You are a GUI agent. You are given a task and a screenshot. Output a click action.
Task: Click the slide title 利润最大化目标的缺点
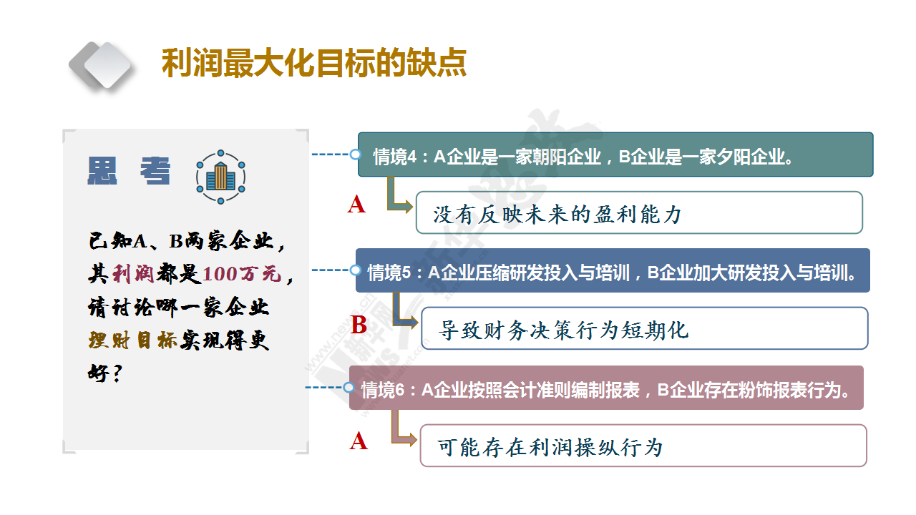tap(314, 63)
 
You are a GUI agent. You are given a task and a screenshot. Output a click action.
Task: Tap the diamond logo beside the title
tap(101, 65)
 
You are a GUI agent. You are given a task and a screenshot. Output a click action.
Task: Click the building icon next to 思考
tap(221, 177)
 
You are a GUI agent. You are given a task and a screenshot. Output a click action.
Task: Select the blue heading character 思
tap(102, 171)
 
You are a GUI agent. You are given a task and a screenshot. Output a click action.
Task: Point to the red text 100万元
tap(242, 274)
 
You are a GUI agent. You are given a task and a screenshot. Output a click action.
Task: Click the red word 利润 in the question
tap(133, 274)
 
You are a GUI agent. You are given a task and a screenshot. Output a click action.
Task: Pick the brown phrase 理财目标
tap(133, 340)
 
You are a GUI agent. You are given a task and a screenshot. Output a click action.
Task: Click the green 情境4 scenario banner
tap(615, 154)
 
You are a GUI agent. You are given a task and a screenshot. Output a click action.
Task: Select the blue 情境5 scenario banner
tap(613, 270)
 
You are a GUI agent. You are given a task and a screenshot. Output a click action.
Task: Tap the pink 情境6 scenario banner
tap(606, 388)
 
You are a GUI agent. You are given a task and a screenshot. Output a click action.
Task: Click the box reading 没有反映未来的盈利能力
tap(639, 212)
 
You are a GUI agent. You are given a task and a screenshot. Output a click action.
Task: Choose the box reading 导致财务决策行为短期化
tap(645, 328)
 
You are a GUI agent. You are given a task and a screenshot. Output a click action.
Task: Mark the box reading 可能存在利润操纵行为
tap(643, 446)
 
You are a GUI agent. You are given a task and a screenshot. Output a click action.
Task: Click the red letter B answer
tap(359, 325)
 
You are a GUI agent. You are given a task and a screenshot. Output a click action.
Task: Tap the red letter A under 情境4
tap(356, 204)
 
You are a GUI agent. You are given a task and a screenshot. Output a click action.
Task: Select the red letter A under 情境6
tap(359, 441)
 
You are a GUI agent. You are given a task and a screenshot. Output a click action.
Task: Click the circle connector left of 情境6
tap(349, 387)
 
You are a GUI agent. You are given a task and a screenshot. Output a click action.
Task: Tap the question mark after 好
tap(117, 373)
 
